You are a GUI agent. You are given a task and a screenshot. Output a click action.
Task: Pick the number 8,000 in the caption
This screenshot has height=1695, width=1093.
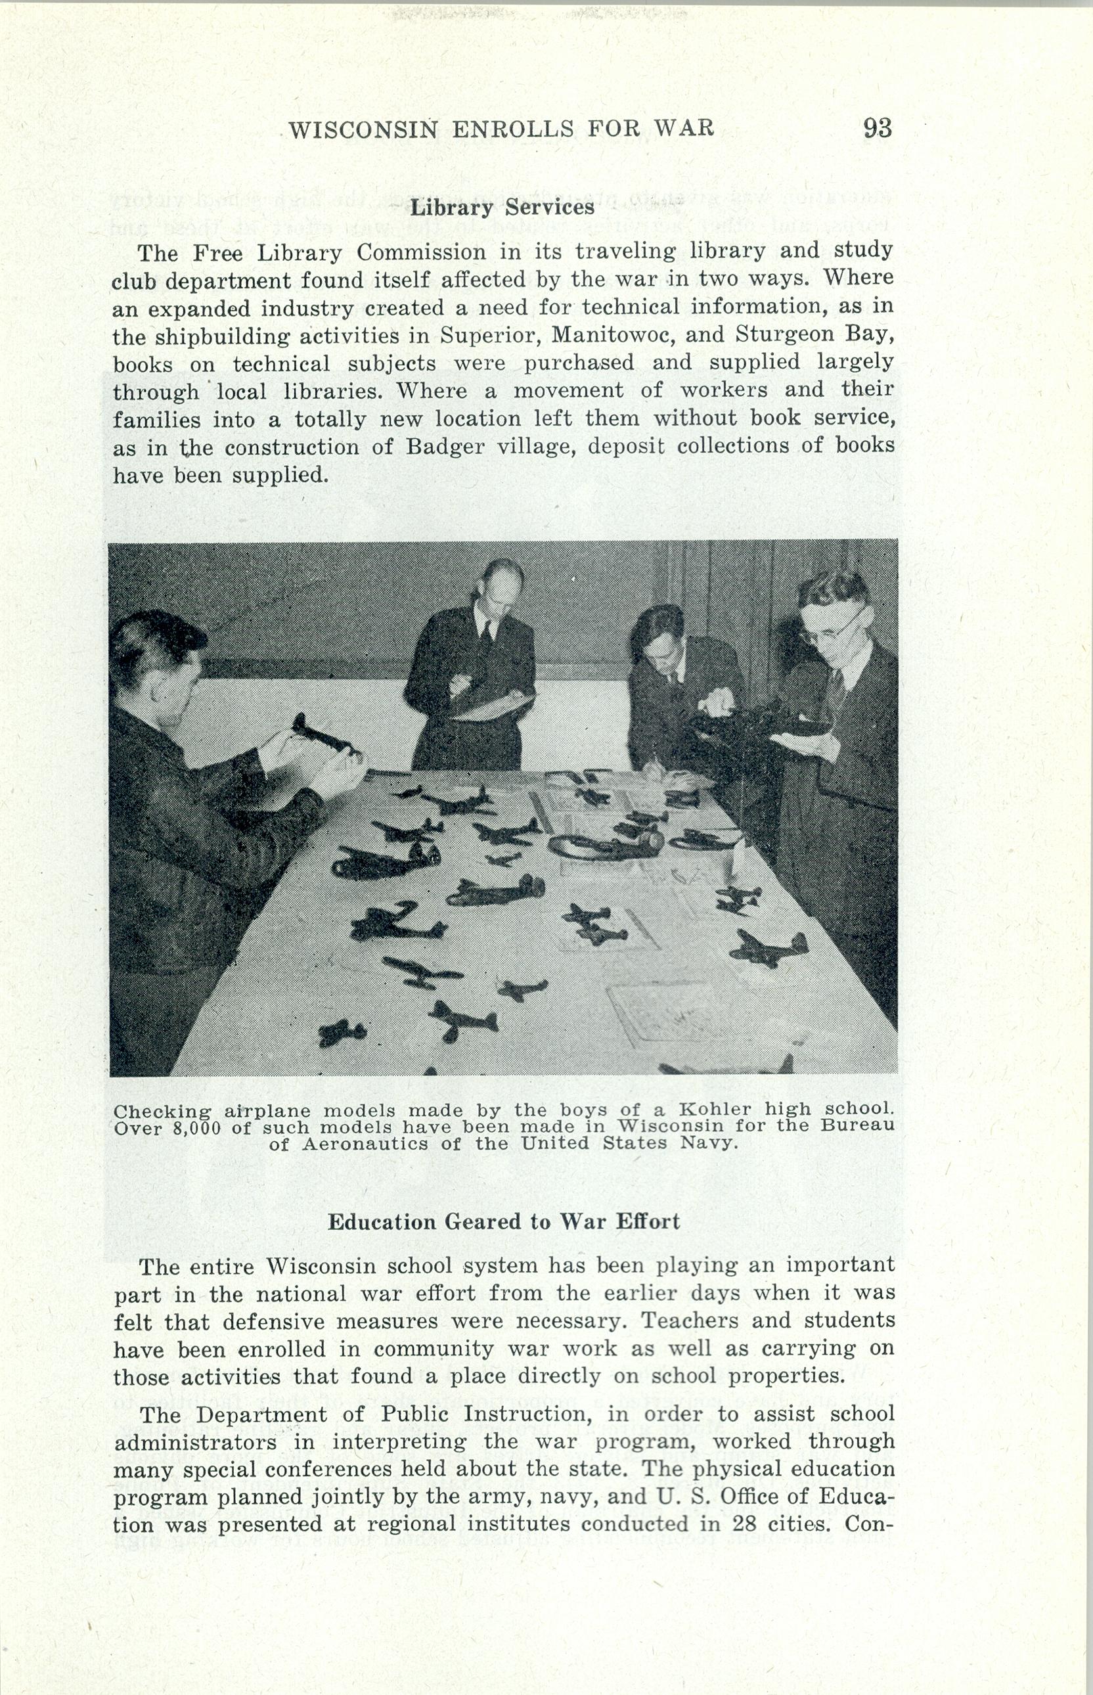pos(196,1129)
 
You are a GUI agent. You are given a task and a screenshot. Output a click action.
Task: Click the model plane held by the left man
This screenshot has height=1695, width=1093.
pos(321,735)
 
